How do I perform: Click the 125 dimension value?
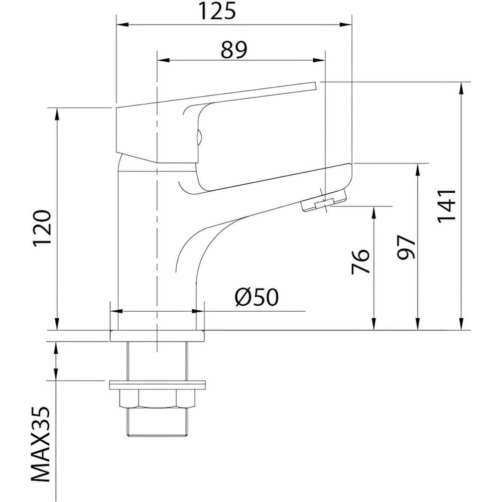[x=217, y=11]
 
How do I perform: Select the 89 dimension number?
[x=234, y=50]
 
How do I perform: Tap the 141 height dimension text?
[x=447, y=206]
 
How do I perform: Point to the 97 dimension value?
[x=406, y=247]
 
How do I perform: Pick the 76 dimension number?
[x=360, y=261]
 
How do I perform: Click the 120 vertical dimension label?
[x=42, y=227]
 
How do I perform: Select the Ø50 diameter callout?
[x=257, y=297]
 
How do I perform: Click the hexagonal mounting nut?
[x=157, y=399]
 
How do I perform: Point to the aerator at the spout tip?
[x=324, y=201]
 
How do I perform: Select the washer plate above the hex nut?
[x=157, y=385]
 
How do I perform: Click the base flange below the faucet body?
[x=157, y=336]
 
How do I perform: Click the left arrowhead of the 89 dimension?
[x=163, y=60]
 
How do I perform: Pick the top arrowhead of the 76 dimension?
[x=373, y=213]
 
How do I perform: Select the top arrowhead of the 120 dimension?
[x=57, y=114]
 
